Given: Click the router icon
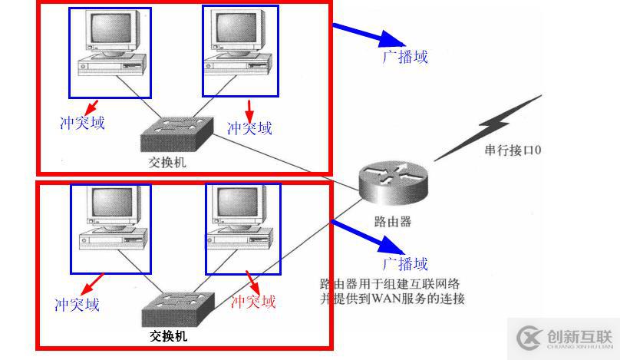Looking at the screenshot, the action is [394, 183].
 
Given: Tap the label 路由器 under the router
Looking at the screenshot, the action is [393, 222].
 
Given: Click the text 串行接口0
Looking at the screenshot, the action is [513, 150].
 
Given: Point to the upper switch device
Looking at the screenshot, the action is [177, 134].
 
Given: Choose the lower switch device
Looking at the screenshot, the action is [178, 310].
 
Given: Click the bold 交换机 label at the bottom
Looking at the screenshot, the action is [169, 336].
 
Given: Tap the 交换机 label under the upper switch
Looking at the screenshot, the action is [167, 162].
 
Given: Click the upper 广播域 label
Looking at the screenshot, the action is [405, 57].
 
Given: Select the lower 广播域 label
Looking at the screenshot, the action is [405, 264].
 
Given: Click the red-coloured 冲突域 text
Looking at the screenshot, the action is [253, 302].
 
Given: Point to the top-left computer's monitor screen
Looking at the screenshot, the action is [110, 28].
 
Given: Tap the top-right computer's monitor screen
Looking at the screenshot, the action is [236, 28].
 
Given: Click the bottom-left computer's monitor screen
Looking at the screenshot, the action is [112, 202].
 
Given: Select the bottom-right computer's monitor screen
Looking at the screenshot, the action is [238, 202].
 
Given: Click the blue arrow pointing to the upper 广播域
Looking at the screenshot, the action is [368, 35].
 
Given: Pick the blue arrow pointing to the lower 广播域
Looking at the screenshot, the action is [368, 237].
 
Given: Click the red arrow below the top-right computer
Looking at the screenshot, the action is [249, 111].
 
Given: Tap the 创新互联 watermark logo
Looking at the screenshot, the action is [564, 338].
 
